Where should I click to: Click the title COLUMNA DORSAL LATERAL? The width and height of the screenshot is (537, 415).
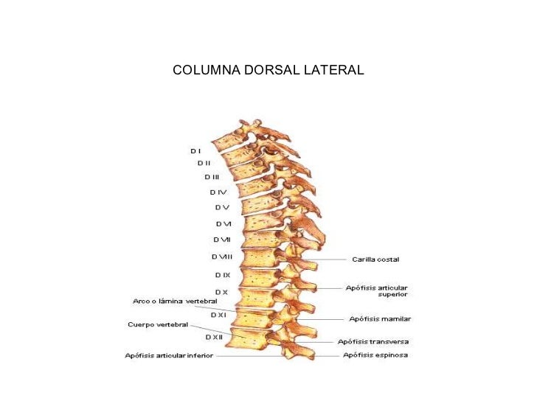pos(268,71)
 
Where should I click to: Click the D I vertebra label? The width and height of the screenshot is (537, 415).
pos(195,150)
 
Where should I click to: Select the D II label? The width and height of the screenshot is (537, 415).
pos(204,163)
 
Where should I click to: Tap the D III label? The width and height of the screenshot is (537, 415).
pos(212,177)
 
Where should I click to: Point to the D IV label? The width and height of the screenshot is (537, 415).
pos(218,192)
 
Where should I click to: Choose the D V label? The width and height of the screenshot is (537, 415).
pos(222,207)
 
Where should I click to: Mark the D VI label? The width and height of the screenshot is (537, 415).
pos(224,223)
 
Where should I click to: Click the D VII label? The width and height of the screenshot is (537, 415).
pos(222,240)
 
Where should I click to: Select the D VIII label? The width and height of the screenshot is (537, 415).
pos(222,257)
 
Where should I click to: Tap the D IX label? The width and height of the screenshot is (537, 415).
pos(223,275)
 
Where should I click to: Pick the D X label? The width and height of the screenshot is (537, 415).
pos(221,293)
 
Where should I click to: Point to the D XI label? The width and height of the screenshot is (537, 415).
pos(218,315)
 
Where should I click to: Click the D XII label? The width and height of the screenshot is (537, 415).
pos(214,337)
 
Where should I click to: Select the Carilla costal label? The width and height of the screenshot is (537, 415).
pos(375,259)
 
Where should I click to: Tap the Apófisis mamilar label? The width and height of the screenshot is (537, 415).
pos(380,319)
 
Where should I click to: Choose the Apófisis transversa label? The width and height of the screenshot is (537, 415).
pos(373,342)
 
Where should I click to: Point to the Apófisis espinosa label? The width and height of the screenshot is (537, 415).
pos(375,355)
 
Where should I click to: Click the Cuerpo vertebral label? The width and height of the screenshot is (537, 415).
pos(157,324)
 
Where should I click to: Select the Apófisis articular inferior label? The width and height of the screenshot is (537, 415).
pos(168,355)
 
